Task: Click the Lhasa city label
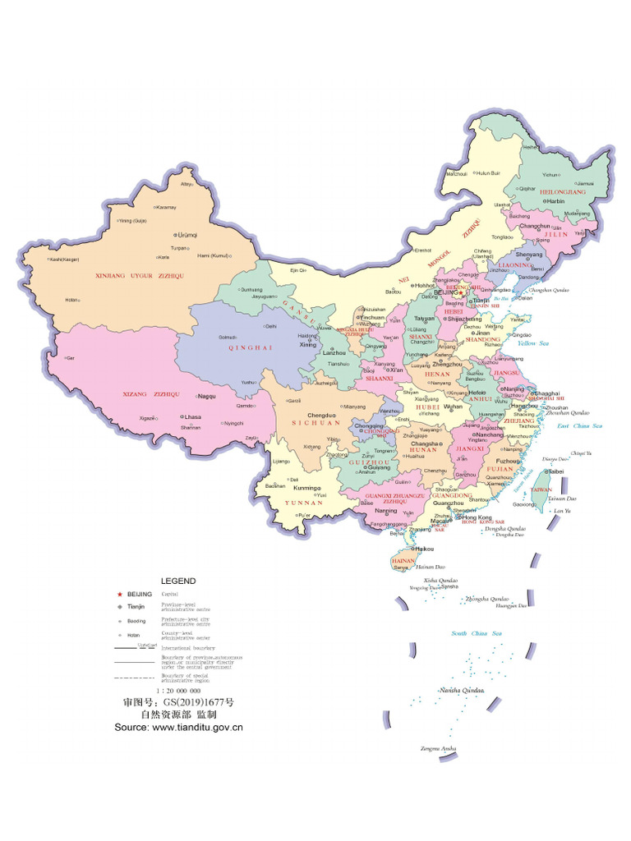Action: (x=193, y=416)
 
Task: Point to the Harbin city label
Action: (x=556, y=200)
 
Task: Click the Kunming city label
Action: (x=306, y=488)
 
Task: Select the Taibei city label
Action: (x=556, y=471)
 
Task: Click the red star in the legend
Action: (x=120, y=593)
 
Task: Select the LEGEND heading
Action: (x=178, y=581)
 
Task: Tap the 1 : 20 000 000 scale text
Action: (x=178, y=691)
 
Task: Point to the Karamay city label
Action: (x=166, y=207)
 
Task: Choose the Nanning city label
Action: (x=386, y=511)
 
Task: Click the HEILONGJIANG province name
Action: (x=563, y=191)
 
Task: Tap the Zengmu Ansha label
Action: (x=438, y=748)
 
